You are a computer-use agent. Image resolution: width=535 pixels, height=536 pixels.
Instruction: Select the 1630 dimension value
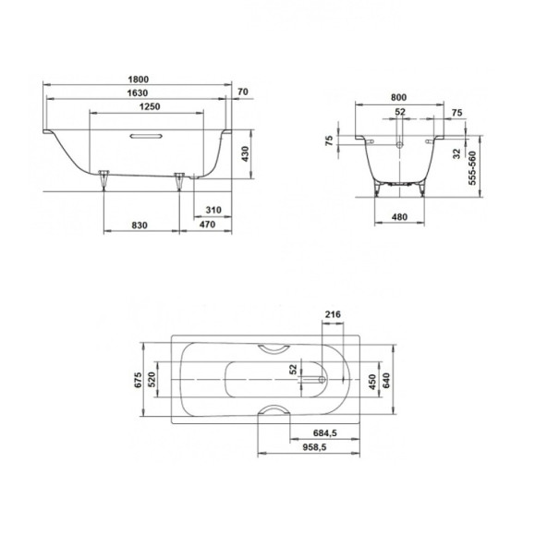point(138,93)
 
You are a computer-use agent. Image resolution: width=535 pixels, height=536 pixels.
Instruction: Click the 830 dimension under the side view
point(140,225)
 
